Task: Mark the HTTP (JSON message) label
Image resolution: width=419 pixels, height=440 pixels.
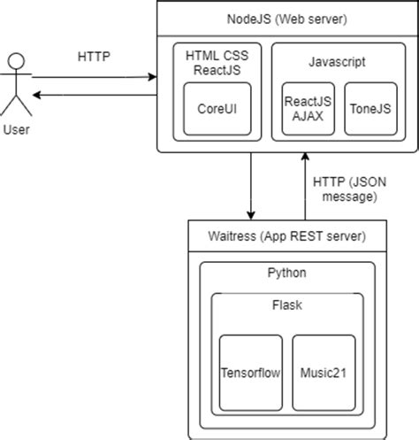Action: point(348,189)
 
